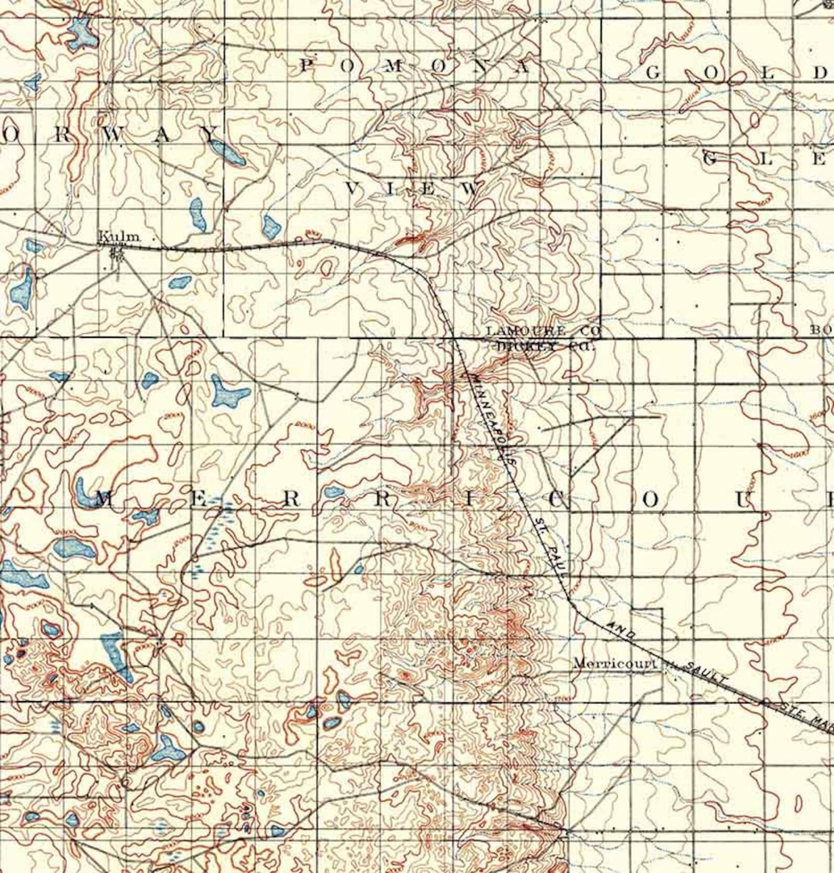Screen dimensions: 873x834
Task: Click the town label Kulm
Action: click(120, 237)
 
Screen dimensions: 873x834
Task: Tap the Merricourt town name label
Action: click(615, 663)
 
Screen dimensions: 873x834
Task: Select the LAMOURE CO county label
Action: click(543, 331)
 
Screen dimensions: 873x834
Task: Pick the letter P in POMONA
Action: click(307, 66)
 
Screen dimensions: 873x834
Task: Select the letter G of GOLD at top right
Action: click(652, 73)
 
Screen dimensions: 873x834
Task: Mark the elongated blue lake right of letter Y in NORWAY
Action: click(229, 152)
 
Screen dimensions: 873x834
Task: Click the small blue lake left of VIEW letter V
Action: click(272, 226)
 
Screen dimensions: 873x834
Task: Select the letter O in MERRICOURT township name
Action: click(650, 500)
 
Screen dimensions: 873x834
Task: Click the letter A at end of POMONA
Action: click(523, 67)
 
